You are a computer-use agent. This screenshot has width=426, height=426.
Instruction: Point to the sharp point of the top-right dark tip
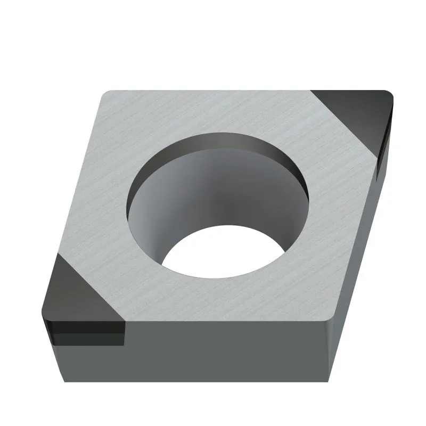click(391, 96)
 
